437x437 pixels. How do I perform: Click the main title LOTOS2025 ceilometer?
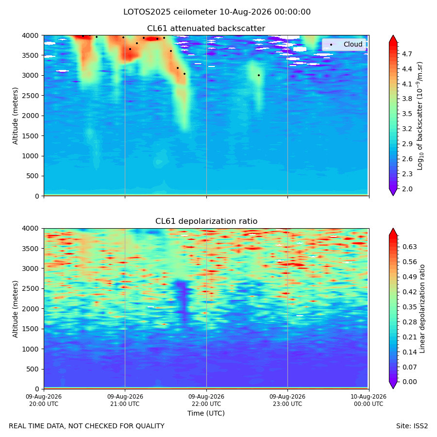click(170, 12)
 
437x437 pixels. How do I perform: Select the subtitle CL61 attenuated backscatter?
click(206, 29)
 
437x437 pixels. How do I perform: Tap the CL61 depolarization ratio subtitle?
click(206, 221)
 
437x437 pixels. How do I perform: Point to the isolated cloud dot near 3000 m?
click(259, 75)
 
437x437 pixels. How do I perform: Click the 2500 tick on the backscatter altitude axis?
click(31, 96)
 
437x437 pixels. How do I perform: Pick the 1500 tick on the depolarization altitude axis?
click(31, 329)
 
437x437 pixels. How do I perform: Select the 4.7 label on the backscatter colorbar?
click(407, 54)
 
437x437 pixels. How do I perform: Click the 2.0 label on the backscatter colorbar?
click(407, 189)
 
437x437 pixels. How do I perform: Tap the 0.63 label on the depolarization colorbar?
click(409, 247)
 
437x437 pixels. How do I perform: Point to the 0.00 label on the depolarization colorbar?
click(409, 382)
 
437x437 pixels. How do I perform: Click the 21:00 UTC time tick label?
click(125, 400)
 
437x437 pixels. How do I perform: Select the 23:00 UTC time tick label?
click(287, 400)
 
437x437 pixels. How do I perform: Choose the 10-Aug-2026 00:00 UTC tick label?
click(369, 400)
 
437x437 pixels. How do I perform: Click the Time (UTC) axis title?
click(206, 413)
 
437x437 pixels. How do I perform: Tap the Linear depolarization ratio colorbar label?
click(422, 309)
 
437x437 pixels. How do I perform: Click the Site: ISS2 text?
click(412, 426)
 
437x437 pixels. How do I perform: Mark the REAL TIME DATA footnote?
click(87, 426)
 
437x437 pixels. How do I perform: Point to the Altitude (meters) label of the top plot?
click(15, 116)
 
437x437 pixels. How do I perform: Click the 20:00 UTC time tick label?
click(44, 400)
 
